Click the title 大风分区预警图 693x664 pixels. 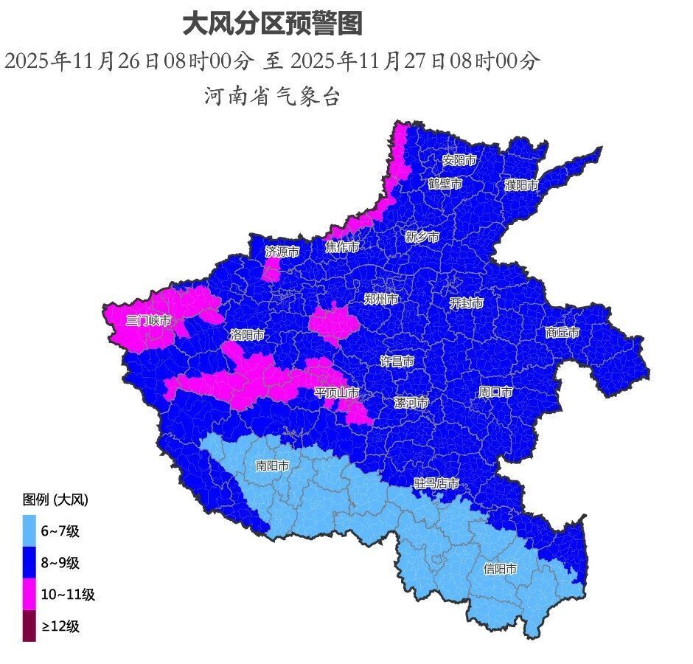(272, 24)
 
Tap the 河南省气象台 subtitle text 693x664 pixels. (272, 97)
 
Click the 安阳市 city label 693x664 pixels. (459, 159)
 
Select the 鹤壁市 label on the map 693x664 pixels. (445, 183)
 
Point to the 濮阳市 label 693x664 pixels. (521, 185)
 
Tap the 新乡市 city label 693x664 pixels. (422, 237)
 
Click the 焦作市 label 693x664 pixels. (342, 246)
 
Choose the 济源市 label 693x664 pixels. (282, 252)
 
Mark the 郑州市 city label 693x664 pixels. (381, 299)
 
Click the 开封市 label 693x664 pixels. (467, 302)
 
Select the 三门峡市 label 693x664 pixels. (148, 320)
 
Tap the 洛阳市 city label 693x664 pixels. (247, 334)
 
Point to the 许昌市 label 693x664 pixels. (397, 362)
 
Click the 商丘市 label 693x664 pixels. (563, 333)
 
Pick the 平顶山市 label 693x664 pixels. (337, 392)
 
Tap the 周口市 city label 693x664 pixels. (495, 392)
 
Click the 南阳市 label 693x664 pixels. (272, 466)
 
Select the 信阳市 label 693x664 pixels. (500, 569)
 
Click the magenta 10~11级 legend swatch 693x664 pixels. (29, 594)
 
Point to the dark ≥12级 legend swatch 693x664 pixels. (29, 626)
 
